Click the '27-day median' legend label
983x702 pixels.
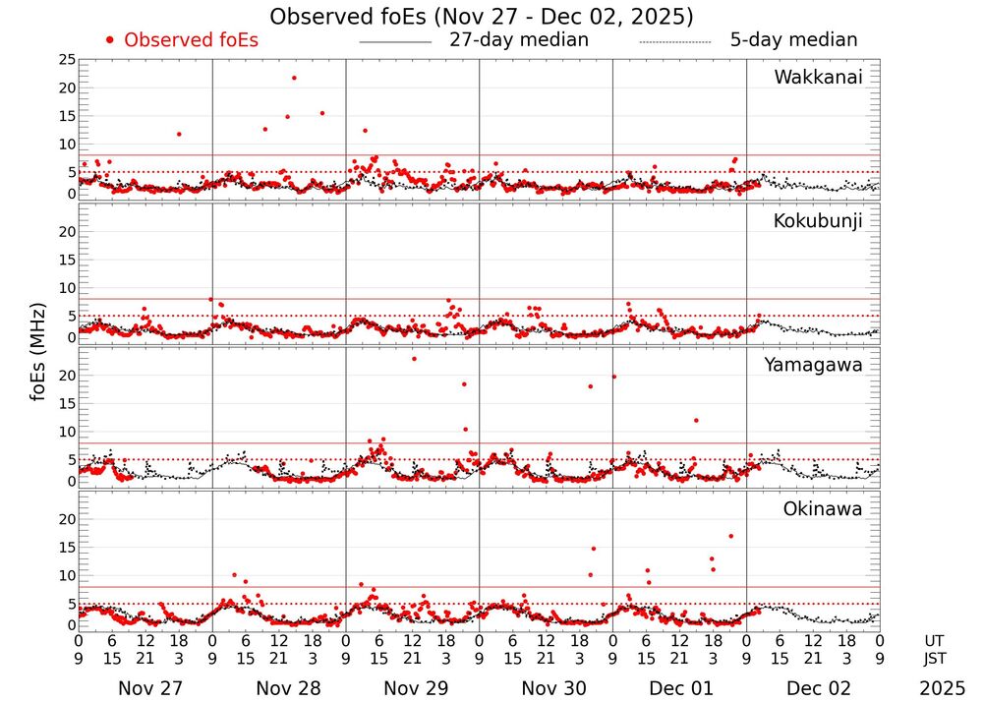tap(519, 40)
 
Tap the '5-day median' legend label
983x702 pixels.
tap(793, 40)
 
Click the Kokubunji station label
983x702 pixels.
tap(818, 221)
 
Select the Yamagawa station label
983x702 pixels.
tap(814, 366)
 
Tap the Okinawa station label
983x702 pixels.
tap(823, 509)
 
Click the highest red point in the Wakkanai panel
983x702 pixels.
tap(294, 78)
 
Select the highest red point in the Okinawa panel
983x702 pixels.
tap(730, 536)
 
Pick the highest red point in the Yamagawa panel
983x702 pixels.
tap(414, 359)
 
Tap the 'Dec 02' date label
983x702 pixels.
tap(818, 688)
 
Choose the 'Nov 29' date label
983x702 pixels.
tap(416, 688)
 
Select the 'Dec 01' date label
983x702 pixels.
tap(683, 688)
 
